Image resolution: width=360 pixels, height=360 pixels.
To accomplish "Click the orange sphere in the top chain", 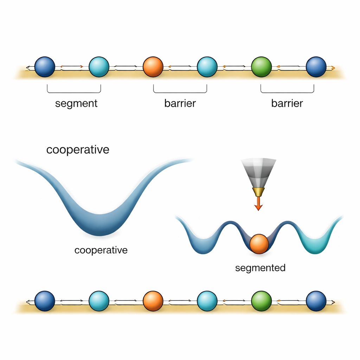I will (x=153, y=67).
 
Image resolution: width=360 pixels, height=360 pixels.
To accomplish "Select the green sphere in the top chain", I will (x=261, y=67).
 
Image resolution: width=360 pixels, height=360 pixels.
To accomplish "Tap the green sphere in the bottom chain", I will (x=261, y=301).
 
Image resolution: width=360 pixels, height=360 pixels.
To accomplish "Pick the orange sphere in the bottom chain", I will (x=153, y=301).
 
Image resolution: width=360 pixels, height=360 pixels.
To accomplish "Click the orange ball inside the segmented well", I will (x=259, y=244).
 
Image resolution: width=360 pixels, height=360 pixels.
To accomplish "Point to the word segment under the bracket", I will (x=76, y=103).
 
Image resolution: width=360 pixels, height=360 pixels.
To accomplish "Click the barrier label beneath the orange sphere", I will (x=180, y=103).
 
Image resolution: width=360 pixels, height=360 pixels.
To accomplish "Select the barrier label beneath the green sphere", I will (x=287, y=103).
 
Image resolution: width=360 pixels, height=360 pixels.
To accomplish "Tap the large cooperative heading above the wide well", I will (x=78, y=150).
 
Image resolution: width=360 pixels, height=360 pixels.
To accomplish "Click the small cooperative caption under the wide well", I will (x=101, y=250).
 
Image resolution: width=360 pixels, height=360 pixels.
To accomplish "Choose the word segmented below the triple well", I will (x=260, y=268).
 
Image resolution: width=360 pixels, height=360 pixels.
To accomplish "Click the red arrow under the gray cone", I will (x=258, y=204).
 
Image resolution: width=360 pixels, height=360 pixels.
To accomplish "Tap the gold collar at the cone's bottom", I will (x=258, y=192).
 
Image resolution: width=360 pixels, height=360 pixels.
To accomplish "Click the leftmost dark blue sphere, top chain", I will (x=45, y=67).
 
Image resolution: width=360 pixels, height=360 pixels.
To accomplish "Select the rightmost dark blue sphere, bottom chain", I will (x=316, y=301).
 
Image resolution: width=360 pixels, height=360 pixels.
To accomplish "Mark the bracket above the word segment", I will (x=74, y=92).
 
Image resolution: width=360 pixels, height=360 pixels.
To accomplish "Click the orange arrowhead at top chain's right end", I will (x=333, y=67).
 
